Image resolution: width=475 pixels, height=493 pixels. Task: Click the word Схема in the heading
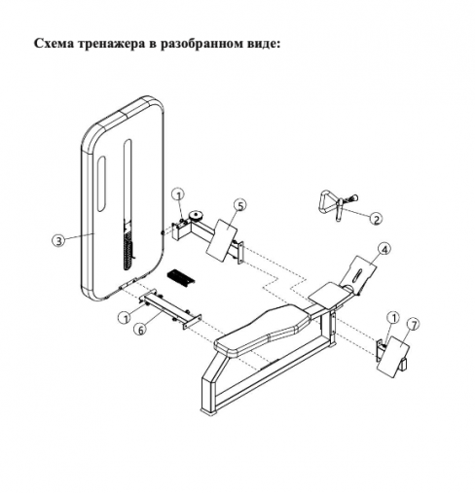(55, 43)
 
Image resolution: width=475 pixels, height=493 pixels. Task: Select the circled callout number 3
(58, 241)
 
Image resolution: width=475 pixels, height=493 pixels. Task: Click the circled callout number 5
(240, 205)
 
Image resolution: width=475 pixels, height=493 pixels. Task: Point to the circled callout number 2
(377, 220)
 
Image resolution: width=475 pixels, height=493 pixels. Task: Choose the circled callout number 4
(384, 249)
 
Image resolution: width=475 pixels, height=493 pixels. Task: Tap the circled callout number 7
(413, 325)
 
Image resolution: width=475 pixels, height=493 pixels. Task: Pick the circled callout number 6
(140, 330)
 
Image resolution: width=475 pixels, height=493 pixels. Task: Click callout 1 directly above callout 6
(125, 318)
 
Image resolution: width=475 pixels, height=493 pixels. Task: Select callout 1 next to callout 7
(394, 318)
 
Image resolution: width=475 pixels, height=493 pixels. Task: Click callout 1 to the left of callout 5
(178, 194)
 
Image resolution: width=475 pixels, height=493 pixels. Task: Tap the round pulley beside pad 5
(196, 215)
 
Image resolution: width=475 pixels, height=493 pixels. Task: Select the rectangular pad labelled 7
(393, 356)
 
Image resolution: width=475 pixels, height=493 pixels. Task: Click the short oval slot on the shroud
(101, 183)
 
